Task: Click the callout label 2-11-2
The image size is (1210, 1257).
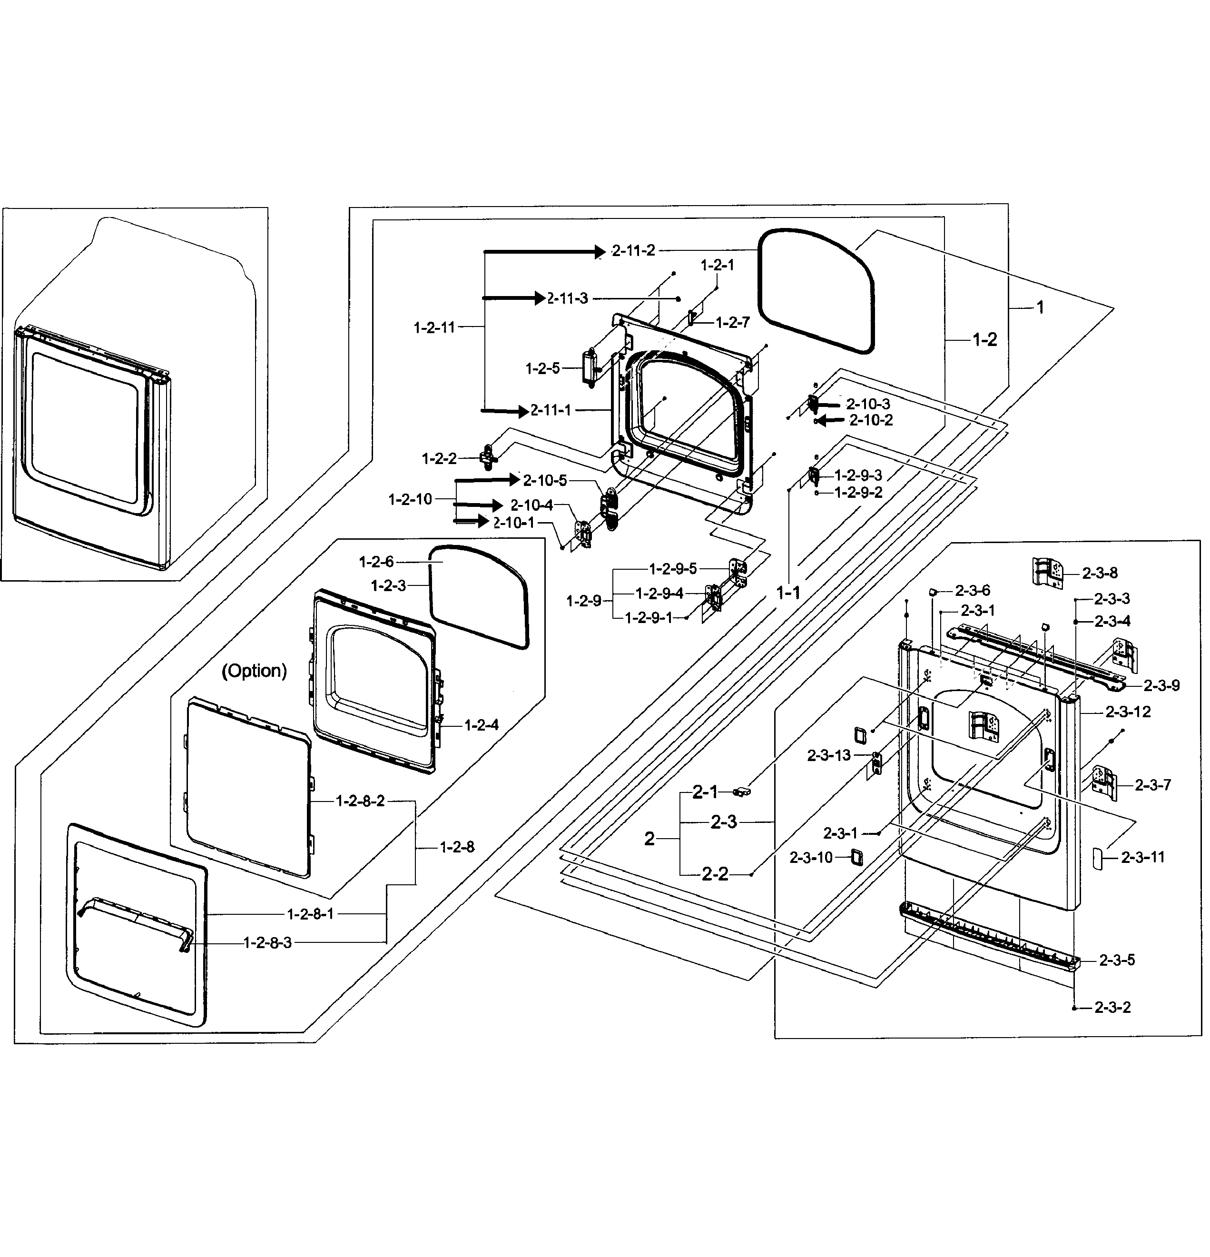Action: point(633,251)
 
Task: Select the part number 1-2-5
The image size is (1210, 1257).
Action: point(542,369)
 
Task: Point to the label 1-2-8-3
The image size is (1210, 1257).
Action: point(267,943)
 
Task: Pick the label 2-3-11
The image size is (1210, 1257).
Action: point(1142,858)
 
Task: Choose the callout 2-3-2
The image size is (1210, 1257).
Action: point(1112,1008)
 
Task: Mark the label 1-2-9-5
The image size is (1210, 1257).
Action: point(673,569)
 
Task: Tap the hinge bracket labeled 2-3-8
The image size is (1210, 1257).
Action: point(1047,571)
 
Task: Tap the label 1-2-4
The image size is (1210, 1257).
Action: point(481,725)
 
